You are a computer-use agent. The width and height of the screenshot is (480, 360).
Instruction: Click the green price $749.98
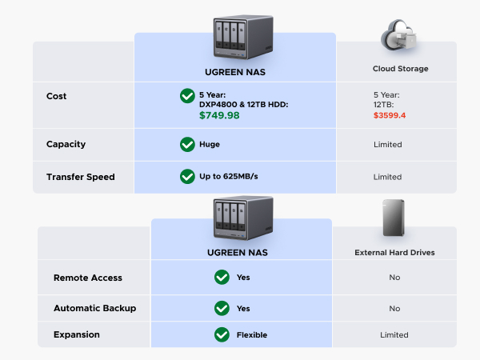219,115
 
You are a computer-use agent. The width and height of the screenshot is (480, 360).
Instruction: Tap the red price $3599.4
390,115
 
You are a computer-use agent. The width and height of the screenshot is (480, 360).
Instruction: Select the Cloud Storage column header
400,69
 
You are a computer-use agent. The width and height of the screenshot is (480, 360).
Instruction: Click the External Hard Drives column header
394,253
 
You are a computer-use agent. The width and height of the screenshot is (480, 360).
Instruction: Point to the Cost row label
57,96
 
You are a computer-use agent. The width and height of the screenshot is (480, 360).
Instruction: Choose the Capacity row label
66,145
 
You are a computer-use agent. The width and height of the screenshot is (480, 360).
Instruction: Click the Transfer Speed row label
80,177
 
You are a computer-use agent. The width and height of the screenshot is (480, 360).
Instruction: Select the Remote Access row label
88,278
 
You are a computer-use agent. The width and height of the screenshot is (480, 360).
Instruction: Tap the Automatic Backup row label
94,308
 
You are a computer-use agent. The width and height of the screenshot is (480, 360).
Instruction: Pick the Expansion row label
77,334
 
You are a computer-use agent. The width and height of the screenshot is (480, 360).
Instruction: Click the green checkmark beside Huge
187,145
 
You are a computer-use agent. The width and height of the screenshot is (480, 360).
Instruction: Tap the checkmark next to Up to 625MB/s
187,177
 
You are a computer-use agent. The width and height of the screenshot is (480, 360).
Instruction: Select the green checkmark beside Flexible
222,334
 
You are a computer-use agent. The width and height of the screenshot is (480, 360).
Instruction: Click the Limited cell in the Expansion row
394,334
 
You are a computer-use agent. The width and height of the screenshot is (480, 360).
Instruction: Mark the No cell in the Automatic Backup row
394,308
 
